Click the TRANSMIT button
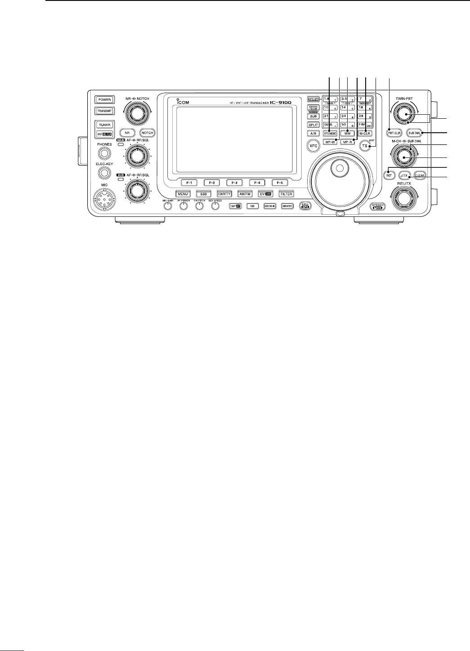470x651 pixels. click(x=104, y=110)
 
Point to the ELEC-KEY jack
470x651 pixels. click(x=104, y=172)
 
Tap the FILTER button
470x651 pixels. click(x=286, y=194)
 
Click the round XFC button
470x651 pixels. click(x=313, y=146)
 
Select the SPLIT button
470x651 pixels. click(x=313, y=125)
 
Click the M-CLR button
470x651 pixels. click(x=364, y=133)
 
